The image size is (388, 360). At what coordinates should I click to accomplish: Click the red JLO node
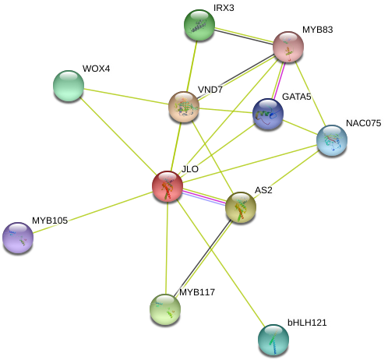(168, 186)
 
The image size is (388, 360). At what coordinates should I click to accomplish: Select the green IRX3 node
(199, 25)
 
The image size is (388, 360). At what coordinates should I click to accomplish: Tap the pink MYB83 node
(288, 47)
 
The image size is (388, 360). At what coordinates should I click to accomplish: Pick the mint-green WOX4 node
(69, 86)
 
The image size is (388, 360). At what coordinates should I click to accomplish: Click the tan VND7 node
(184, 107)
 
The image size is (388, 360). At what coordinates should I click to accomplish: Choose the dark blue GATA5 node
(268, 114)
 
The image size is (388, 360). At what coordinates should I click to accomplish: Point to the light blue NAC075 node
(332, 140)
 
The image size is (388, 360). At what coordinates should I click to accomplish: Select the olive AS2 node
(241, 207)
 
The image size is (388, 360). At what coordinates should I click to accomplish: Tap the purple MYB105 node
(18, 238)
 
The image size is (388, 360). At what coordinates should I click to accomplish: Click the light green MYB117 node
(165, 309)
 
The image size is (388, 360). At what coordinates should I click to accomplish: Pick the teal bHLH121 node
(273, 340)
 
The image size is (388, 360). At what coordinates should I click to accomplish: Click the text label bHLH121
(307, 323)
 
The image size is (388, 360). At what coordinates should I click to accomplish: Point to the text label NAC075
(364, 123)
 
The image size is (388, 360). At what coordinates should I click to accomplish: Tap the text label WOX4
(96, 69)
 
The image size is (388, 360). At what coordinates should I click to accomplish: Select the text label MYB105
(50, 221)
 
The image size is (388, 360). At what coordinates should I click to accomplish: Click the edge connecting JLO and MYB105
(93, 212)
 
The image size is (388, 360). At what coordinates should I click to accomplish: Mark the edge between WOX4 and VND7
(126, 97)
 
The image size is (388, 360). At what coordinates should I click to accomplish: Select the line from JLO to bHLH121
(220, 263)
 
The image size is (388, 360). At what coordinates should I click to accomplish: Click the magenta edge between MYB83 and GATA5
(279, 80)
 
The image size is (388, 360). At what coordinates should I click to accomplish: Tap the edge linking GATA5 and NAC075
(300, 127)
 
